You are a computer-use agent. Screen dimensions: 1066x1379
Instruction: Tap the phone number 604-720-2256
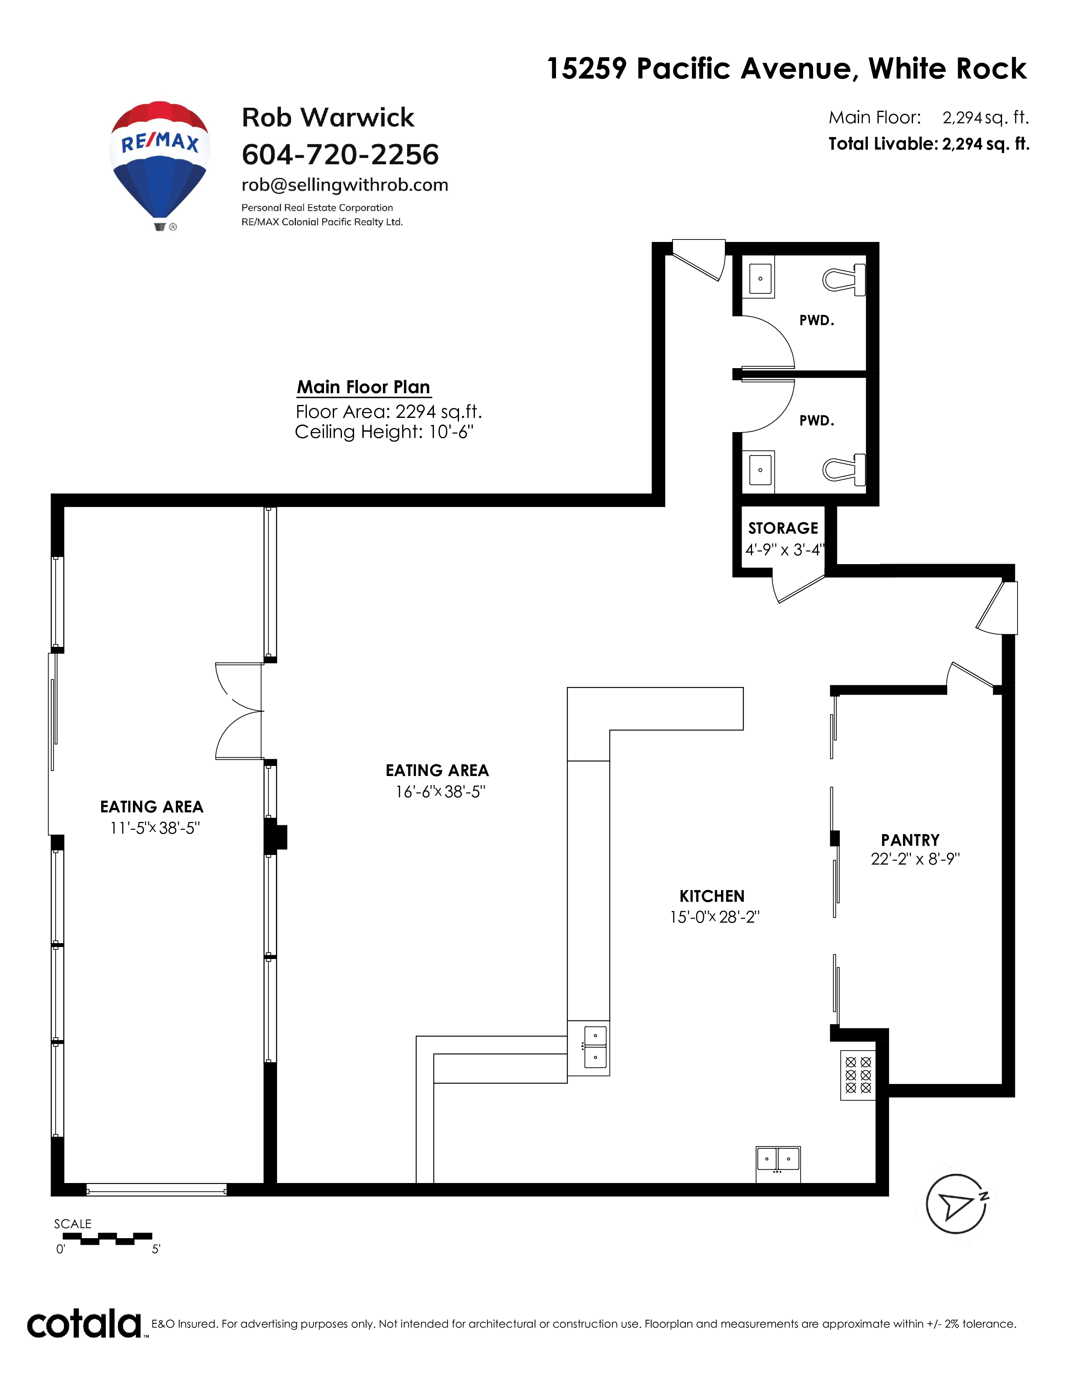tap(340, 155)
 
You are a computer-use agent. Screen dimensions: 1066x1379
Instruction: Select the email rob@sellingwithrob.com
tap(345, 185)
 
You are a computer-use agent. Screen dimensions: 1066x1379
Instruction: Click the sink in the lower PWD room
tap(760, 470)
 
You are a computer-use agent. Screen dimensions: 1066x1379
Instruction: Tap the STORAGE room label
tap(783, 528)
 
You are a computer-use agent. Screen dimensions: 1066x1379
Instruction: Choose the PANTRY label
tap(910, 840)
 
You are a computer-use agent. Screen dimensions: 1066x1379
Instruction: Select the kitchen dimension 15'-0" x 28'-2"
tap(714, 917)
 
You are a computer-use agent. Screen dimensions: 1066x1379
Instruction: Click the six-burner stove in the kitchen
tap(857, 1075)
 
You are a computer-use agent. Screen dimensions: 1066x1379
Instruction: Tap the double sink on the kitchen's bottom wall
tap(778, 1164)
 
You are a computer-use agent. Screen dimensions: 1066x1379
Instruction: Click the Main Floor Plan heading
tap(364, 387)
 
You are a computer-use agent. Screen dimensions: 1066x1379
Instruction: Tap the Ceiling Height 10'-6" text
tap(384, 433)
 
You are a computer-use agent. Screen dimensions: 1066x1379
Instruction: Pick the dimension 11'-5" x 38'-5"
tap(155, 828)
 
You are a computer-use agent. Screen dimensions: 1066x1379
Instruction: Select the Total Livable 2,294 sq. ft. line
tap(929, 144)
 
